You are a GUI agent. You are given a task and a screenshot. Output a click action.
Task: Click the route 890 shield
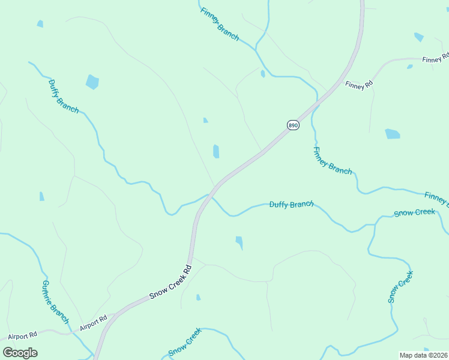[x=293, y=125]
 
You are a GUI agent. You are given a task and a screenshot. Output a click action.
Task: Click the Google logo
[x=20, y=352]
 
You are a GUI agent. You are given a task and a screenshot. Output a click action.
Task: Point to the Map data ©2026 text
[x=423, y=355]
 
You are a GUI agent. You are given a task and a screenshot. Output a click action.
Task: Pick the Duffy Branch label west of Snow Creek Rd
[x=63, y=96]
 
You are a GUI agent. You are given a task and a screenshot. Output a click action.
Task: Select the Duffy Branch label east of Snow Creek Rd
[x=291, y=205]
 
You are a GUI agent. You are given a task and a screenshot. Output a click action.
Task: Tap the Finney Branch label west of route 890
[x=220, y=25]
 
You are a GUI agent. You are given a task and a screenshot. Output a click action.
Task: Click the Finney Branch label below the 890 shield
[x=332, y=161]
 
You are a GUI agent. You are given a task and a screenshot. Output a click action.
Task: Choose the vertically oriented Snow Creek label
[x=400, y=286]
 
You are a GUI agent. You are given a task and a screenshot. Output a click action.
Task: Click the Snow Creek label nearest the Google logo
[x=185, y=343]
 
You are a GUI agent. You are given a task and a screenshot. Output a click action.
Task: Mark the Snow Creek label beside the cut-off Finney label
[x=414, y=212]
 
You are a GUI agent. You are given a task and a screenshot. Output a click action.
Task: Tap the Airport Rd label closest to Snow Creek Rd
[x=93, y=323]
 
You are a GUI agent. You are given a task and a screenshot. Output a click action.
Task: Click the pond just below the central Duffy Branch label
[x=240, y=242]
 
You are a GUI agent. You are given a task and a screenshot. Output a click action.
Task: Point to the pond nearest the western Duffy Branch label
[x=92, y=82]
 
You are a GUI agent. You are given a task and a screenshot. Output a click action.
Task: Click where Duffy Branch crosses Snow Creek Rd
[x=209, y=195]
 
